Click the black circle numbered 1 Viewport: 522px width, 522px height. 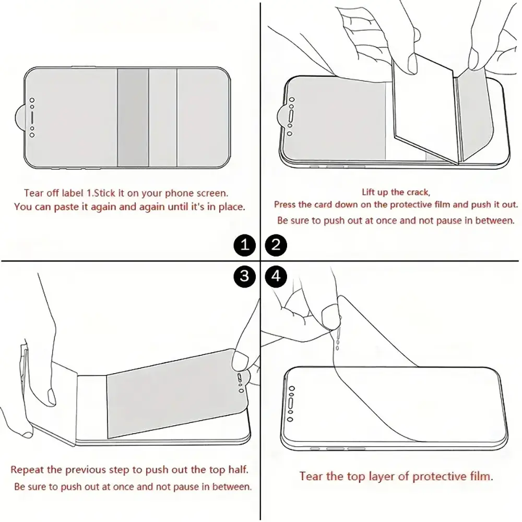coord(245,245)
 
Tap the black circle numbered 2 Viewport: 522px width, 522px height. coord(276,245)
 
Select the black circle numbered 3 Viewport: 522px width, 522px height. coord(245,276)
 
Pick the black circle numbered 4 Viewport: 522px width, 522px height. coord(276,276)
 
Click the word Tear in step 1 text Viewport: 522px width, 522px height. coord(33,193)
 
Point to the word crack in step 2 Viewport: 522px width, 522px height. coord(418,192)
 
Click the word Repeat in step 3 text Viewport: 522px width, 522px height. coord(28,470)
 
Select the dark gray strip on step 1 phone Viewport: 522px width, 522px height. coord(133,117)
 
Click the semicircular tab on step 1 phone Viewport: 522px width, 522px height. coord(20,117)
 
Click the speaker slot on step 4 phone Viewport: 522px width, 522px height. coord(291,404)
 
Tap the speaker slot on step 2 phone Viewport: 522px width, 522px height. coord(291,116)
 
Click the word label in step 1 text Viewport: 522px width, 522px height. coord(74,193)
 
